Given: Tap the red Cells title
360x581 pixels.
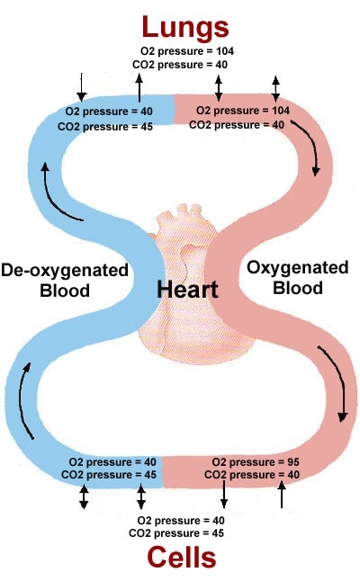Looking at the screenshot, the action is coord(182,558).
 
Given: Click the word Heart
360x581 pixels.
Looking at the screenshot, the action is coord(187,290).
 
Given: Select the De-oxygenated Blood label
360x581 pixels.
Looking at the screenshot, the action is coord(65,280).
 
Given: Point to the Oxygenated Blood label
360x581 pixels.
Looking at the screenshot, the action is coord(298,278).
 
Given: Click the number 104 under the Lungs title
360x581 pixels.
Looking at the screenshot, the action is coord(225,51).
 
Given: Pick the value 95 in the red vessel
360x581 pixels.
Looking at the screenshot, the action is coord(292,462).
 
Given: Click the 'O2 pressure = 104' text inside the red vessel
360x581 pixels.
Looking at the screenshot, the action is coord(243,111).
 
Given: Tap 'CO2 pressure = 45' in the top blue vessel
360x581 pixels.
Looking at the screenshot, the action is coord(105,127).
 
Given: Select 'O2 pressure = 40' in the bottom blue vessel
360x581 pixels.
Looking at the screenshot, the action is coord(112,462).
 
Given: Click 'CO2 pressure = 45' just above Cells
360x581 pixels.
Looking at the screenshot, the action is coord(176,533).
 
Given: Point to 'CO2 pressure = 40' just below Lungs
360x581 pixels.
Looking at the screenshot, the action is coord(180,65).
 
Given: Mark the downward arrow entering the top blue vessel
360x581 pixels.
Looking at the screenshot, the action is coord(82,87).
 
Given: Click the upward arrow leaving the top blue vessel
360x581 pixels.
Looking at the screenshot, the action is coord(139,88).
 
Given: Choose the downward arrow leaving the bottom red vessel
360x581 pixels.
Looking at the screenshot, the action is coord(224,495).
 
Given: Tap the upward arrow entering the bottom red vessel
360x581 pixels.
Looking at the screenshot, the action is coord(282,495).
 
